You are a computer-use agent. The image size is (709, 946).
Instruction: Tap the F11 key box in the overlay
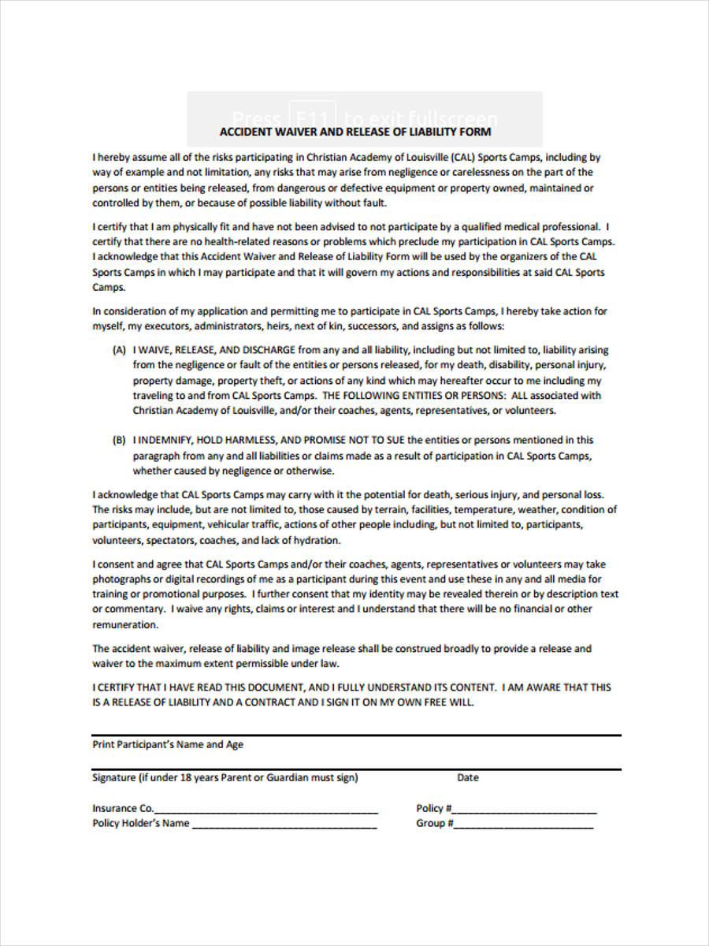313,116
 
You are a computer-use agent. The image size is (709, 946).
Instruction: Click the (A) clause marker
119,350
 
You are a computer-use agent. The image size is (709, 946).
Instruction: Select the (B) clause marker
119,441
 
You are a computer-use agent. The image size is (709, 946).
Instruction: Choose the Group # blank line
524,825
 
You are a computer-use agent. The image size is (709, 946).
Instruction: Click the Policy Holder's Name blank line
284,825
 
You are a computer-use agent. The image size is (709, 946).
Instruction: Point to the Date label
467,778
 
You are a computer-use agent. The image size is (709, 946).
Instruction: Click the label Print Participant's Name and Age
168,744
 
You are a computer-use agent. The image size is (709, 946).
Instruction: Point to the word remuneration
125,624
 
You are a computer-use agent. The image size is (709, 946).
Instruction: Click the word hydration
315,541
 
